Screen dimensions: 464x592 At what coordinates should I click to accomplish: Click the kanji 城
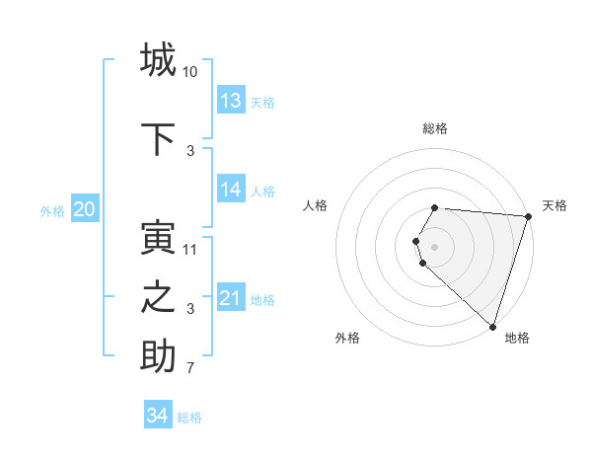159,59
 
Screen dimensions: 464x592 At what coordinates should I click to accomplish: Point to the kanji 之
159,298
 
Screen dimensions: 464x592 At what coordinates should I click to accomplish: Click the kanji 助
159,357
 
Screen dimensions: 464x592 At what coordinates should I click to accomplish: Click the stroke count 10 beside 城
190,71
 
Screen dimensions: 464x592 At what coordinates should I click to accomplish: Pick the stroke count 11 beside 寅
190,249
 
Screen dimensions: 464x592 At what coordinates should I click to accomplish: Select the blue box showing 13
231,101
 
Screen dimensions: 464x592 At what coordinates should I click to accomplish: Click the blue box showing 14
231,190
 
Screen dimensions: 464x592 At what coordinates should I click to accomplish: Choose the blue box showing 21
231,298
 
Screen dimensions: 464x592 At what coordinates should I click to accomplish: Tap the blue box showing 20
85,209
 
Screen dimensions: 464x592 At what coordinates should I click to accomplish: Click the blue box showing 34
158,416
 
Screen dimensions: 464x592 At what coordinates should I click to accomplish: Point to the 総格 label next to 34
189,418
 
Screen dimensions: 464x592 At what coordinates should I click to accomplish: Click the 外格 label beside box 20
52,211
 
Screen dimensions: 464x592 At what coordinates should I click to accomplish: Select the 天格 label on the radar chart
555,205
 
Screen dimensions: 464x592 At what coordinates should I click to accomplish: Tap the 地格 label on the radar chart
517,338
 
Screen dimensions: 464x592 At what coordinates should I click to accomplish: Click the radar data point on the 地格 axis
492,326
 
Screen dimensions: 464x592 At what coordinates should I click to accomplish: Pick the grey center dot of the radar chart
435,246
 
